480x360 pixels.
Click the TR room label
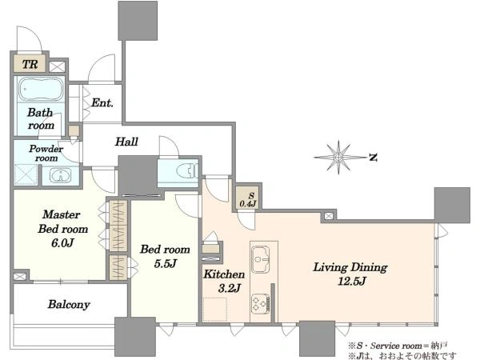pos(30,64)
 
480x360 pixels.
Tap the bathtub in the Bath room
pos(41,89)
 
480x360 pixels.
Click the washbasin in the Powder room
pos(61,176)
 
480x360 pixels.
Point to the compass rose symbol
pos(338,158)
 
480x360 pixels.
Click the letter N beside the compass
pos(373,158)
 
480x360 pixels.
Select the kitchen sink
pos(261,259)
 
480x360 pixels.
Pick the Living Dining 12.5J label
pos(350,274)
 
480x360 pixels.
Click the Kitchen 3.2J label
pos(224,281)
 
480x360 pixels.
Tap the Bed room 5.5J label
pos(165,256)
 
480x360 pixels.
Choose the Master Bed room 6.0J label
pos(62,228)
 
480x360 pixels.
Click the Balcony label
pos(69,304)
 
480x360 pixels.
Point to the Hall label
pos(126,142)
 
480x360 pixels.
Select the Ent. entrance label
pos(102,102)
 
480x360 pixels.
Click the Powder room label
pos(46,153)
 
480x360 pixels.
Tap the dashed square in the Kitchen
pos(215,309)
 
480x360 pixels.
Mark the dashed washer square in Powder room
pos(26,174)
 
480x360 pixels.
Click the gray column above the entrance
pos(138,21)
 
